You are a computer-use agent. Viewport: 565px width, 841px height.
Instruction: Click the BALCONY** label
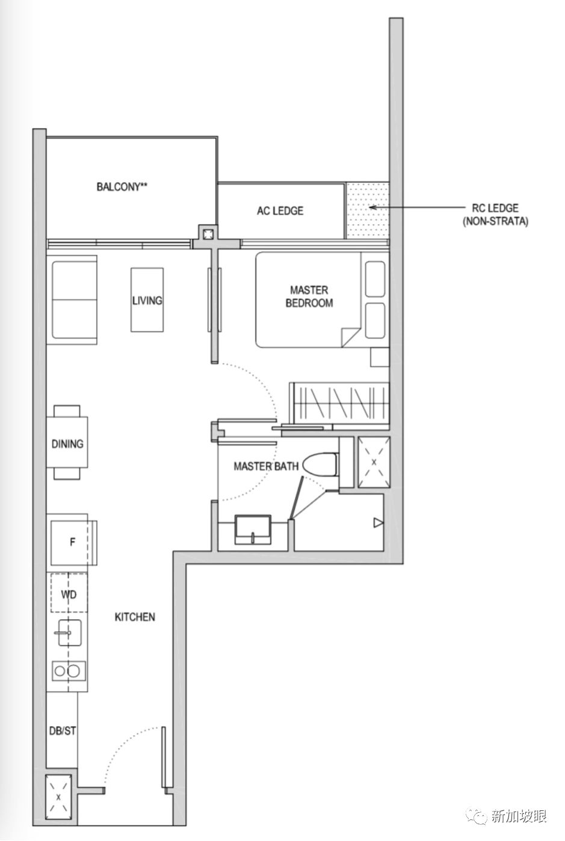(122, 186)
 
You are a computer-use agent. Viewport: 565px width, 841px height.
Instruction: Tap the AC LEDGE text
(280, 210)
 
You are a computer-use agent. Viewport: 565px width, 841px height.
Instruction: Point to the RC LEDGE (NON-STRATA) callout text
(495, 215)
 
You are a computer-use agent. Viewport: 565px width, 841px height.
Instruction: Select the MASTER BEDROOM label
(309, 296)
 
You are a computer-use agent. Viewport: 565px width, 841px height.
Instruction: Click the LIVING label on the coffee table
(147, 301)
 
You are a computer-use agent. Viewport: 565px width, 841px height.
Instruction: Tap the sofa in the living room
(72, 300)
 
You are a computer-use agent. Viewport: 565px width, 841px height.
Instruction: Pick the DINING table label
(67, 444)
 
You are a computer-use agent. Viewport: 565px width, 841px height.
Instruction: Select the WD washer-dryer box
(69, 595)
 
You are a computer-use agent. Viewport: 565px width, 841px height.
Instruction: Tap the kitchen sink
(69, 632)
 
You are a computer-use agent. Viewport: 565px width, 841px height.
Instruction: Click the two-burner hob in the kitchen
(69, 671)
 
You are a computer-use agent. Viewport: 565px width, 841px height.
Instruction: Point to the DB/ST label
(63, 730)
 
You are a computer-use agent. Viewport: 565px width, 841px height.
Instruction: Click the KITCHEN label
(135, 617)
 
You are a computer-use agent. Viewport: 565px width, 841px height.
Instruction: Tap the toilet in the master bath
(320, 465)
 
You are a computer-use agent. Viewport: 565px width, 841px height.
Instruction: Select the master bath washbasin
(253, 530)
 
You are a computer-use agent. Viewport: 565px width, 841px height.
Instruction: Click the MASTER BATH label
(266, 466)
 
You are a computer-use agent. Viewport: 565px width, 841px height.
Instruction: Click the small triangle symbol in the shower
(378, 522)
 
